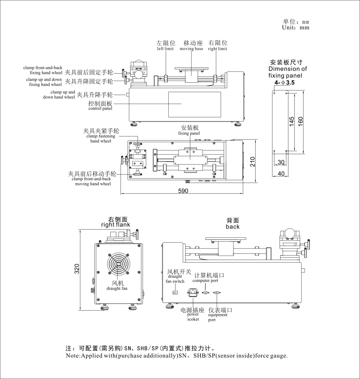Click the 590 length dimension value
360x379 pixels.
[x=183, y=191]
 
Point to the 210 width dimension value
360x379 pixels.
[x=253, y=162]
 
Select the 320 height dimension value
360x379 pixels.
[x=77, y=269]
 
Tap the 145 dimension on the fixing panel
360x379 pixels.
[x=291, y=122]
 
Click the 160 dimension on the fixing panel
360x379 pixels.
[x=300, y=122]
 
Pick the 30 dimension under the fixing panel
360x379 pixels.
[x=281, y=162]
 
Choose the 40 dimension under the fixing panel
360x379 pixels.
[x=281, y=174]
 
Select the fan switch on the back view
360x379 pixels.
[x=175, y=292]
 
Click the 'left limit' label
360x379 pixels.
[x=165, y=49]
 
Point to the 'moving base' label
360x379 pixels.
[x=191, y=49]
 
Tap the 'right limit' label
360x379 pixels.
[x=217, y=49]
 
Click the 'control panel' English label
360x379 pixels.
[x=100, y=108]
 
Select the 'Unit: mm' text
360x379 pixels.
[x=296, y=28]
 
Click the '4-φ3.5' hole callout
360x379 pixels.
[x=284, y=83]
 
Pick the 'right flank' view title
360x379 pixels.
[x=116, y=224]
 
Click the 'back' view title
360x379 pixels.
[x=233, y=227]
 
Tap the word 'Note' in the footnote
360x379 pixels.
[x=72, y=356]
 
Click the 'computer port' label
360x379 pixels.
[x=205, y=280]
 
